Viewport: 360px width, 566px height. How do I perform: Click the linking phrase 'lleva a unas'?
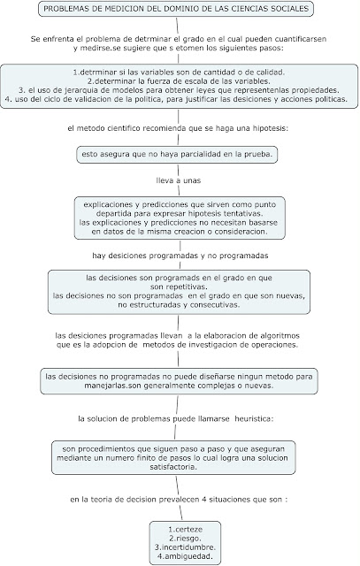177,182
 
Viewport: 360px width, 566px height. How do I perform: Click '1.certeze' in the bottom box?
185,528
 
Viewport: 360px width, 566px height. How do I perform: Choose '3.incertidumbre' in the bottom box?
185,547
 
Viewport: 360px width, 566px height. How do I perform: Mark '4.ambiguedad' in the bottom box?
185,557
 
